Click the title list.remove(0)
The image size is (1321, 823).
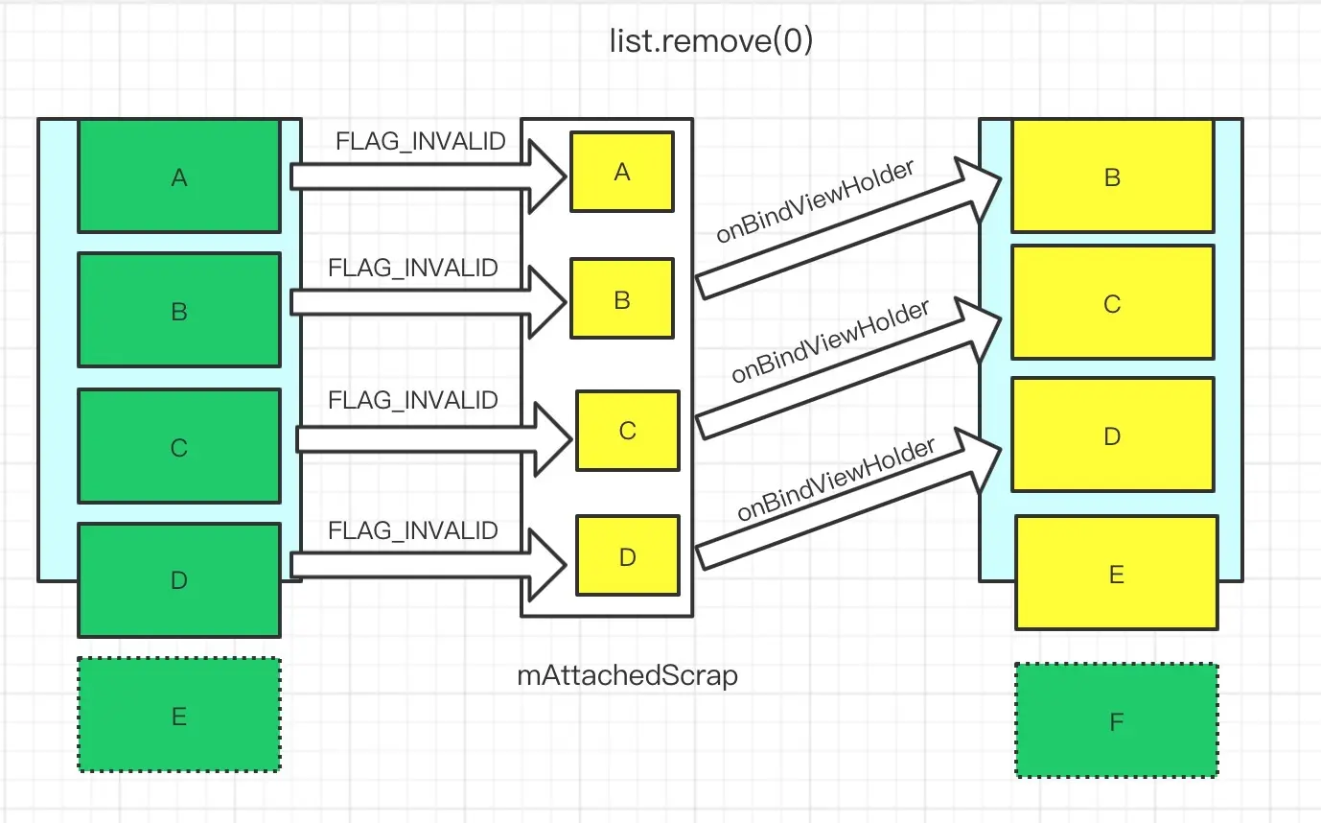pyautogui.click(x=710, y=42)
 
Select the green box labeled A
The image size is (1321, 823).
pyautogui.click(x=178, y=176)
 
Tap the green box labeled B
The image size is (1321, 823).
pyautogui.click(x=178, y=310)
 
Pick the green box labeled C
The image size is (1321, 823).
pyautogui.click(x=178, y=446)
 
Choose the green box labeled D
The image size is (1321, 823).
pyautogui.click(x=178, y=579)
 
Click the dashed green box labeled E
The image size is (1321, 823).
pyautogui.click(x=178, y=715)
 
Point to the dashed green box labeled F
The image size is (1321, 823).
pyautogui.click(x=1116, y=720)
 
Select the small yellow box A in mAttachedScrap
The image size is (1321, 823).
pyautogui.click(x=622, y=172)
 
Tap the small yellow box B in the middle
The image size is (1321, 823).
pyautogui.click(x=622, y=299)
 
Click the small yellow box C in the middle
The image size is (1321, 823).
pyautogui.click(x=627, y=430)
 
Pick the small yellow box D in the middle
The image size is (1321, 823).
pyautogui.click(x=627, y=556)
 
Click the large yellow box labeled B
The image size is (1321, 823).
pyautogui.click(x=1112, y=176)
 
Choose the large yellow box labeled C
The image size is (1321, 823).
pyautogui.click(x=1112, y=303)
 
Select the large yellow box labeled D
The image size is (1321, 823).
pyautogui.click(x=1112, y=435)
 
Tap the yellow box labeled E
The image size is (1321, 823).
pyautogui.click(x=1116, y=573)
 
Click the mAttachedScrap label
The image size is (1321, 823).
pyautogui.click(x=628, y=675)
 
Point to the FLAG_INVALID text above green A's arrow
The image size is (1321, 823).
pyautogui.click(x=421, y=142)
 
